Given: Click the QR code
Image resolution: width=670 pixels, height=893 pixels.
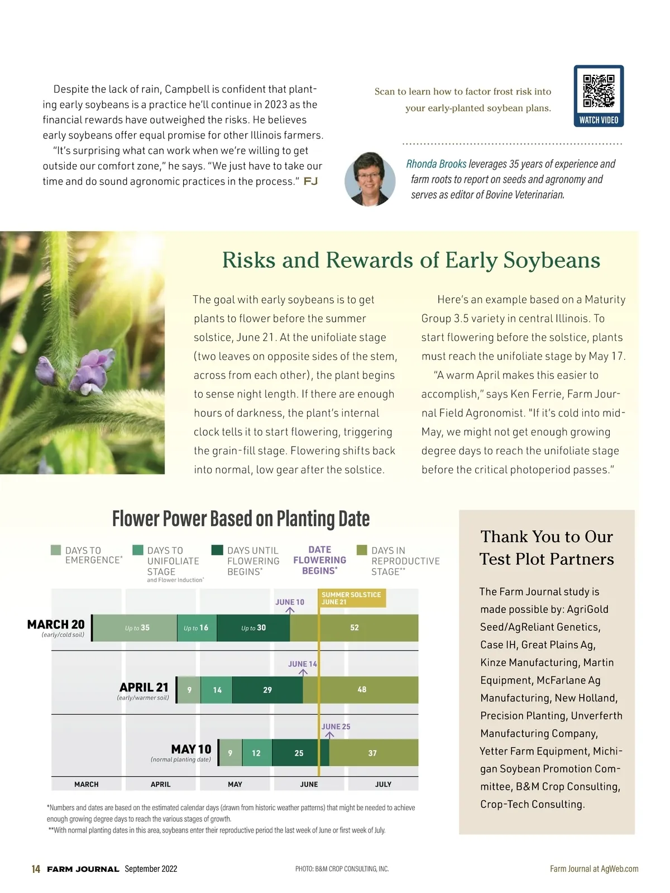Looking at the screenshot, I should point(599,91).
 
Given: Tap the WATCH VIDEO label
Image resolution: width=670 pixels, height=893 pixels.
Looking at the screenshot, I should point(599,120).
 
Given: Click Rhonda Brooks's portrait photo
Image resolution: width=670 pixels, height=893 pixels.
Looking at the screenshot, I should point(370,179).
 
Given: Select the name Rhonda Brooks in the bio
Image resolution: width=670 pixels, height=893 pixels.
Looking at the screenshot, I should point(436,164).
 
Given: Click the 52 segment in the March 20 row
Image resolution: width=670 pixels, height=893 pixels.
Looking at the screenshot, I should point(354,628).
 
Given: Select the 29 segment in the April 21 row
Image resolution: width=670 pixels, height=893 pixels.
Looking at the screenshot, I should point(267,690).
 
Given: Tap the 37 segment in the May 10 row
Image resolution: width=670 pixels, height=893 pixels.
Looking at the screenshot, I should point(372,753).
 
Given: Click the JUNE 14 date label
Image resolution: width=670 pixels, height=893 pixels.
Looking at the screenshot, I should point(302,664).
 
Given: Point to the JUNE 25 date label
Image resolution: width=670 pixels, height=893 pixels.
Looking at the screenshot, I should point(336,727).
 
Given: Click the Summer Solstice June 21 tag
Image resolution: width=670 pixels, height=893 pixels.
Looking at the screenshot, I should point(351,598).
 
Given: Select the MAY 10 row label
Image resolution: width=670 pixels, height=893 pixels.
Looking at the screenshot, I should point(191,749).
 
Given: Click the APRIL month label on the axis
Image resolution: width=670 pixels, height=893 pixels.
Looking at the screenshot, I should point(160,784).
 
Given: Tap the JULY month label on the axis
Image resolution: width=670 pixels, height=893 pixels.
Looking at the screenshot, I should point(383,784).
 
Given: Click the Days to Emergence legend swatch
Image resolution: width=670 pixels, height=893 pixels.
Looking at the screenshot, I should point(56,550).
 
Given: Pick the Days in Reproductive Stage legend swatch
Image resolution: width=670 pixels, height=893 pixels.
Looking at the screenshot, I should point(362,550).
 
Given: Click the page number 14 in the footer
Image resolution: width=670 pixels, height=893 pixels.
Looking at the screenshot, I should point(36,869).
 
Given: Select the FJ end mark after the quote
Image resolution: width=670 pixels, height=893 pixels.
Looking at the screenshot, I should point(310,181).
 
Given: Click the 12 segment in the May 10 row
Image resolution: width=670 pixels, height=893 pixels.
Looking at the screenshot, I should point(256,753).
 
